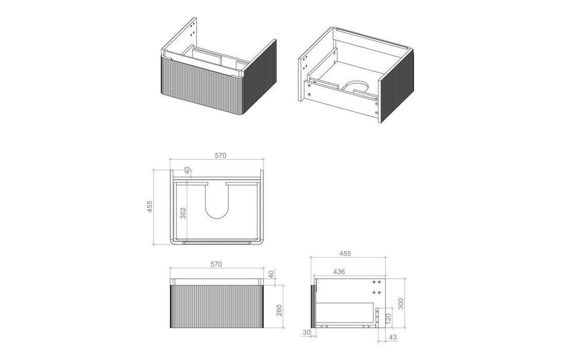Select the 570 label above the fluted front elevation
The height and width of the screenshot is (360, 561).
pos(216,264)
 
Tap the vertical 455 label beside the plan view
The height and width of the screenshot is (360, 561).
pos(150,207)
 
